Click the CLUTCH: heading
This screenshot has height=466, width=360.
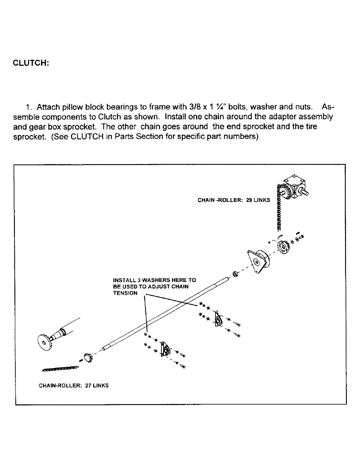click(x=31, y=63)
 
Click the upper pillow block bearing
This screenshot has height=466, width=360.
click(x=218, y=322)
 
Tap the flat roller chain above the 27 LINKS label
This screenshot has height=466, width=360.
click(x=60, y=369)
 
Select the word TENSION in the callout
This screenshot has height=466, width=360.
click(x=125, y=294)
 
